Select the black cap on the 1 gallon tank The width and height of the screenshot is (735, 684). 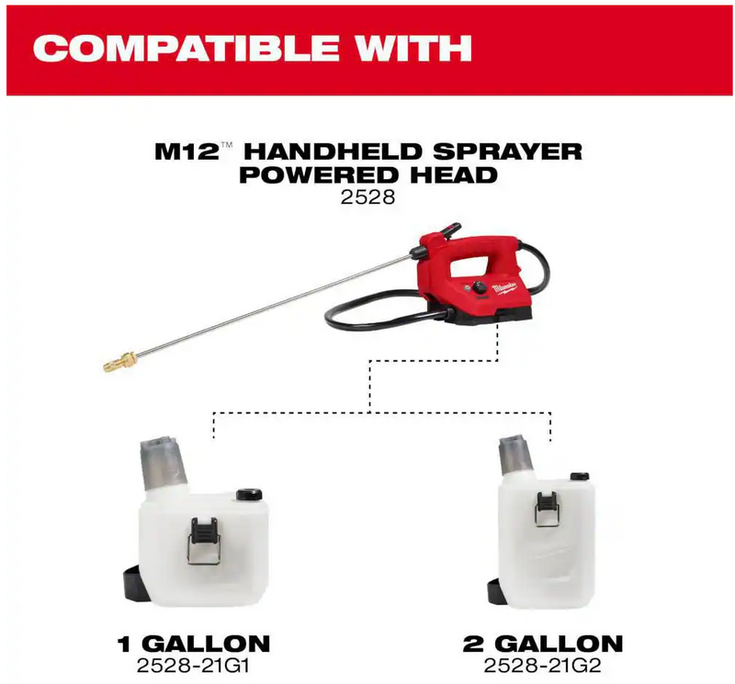point(248,494)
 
